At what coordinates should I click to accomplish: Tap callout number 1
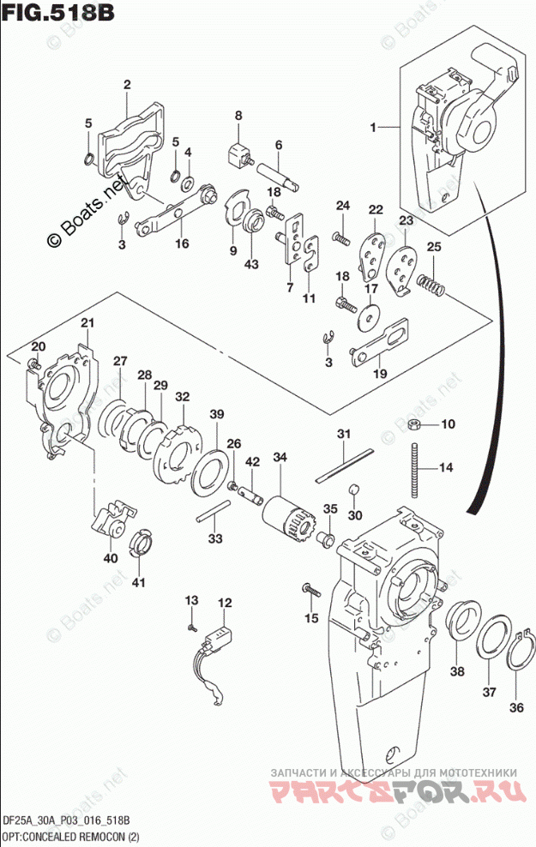point(374,127)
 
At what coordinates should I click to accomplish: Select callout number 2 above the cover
point(126,84)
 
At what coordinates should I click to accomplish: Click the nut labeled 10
point(413,424)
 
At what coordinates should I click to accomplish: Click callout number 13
point(191,598)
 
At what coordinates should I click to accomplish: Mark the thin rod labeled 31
point(342,464)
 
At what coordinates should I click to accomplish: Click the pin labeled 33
point(211,516)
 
